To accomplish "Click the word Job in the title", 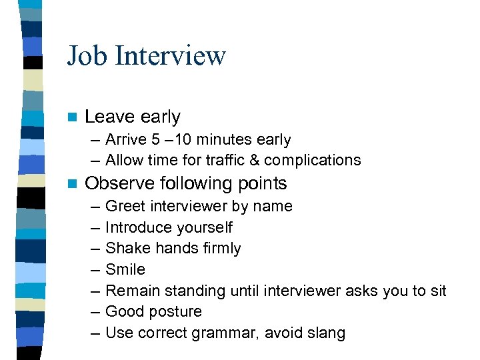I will pos(87,55).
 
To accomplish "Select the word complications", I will pos(319,161).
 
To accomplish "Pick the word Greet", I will pos(123,207).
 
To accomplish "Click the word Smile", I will pos(125,270).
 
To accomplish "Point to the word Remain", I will pos(130,291).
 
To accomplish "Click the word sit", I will pos(438,291).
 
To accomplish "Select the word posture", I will pos(177,312).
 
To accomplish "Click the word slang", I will pos(325,333).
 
